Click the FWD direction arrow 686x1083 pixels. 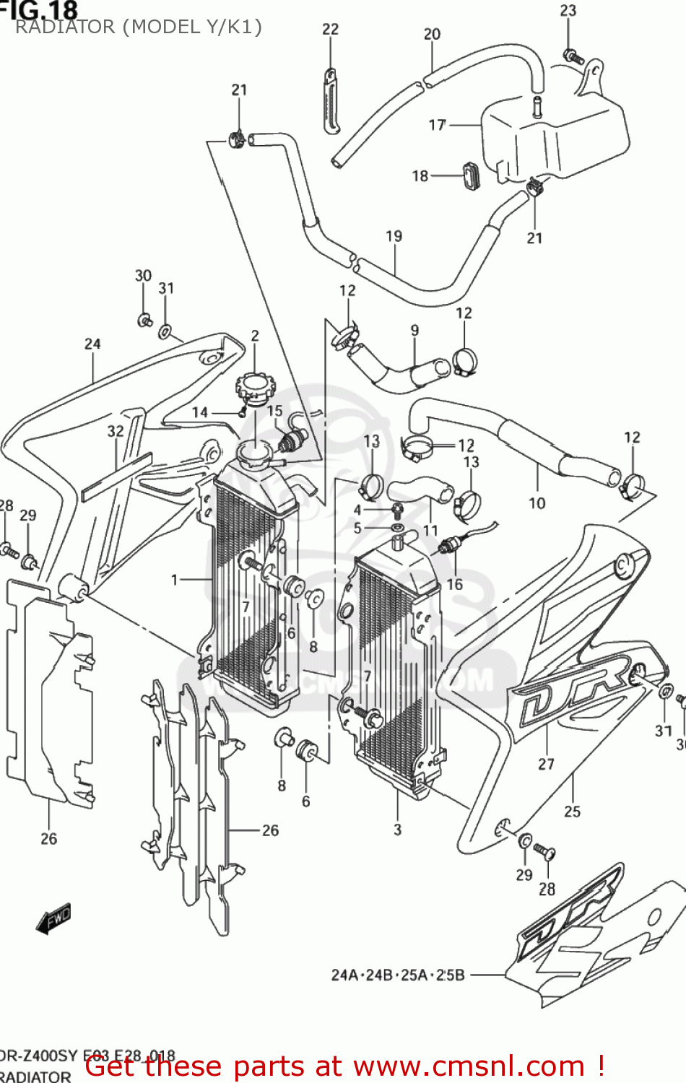pos(54,919)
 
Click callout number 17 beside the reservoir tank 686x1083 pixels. pos(437,125)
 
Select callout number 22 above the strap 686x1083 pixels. pos(330,29)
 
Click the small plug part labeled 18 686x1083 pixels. pos(471,175)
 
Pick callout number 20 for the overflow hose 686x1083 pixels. pos(432,34)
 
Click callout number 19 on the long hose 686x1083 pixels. pos(394,236)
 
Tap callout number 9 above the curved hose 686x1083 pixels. pos(414,330)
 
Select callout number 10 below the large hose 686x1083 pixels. pos(537,503)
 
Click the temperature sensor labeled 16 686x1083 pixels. pos(448,547)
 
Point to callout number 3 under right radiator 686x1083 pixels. pos(397,830)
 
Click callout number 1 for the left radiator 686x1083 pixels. pos(174,579)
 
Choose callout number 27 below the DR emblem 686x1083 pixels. pos(546,764)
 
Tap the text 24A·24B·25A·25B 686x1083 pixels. pos(398,975)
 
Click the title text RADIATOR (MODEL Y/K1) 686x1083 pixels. pos(138,27)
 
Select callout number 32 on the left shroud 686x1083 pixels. pos(116,431)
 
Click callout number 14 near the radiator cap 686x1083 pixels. pos(200,412)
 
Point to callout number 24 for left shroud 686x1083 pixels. pos(92,344)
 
